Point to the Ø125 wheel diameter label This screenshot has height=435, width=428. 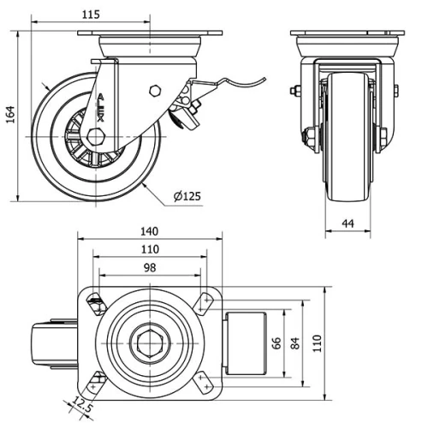187,196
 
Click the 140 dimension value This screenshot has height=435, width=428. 149,230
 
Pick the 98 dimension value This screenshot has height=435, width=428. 149,268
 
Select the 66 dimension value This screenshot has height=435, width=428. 277,343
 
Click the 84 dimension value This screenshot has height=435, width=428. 295,343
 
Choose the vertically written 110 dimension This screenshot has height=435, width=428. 318,343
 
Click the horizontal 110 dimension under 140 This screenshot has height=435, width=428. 149,249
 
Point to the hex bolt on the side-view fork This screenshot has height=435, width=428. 154,91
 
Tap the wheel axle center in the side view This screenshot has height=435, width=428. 93,138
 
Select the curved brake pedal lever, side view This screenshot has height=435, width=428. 235,84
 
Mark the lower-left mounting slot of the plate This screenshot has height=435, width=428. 95,382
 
